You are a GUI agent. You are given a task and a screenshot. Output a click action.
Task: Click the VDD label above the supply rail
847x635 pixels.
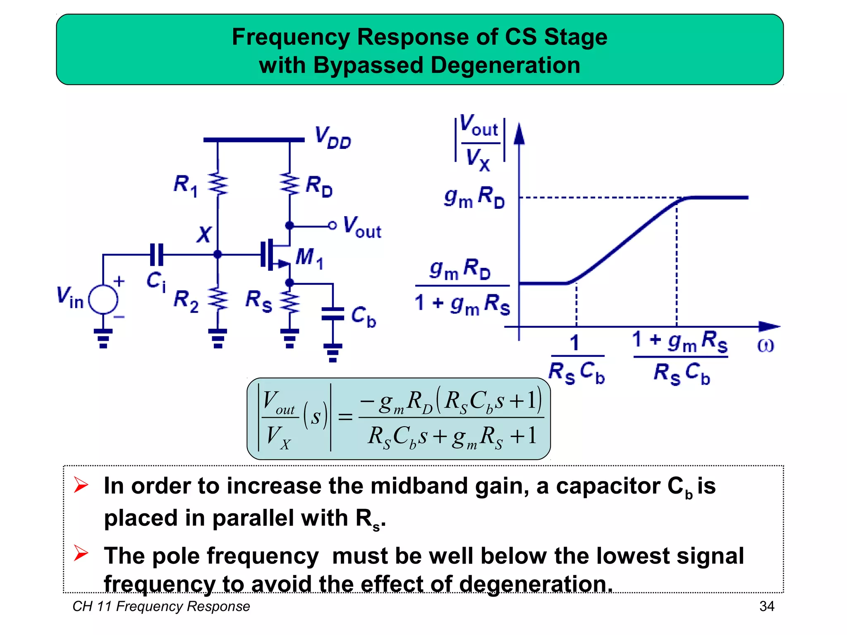(333, 138)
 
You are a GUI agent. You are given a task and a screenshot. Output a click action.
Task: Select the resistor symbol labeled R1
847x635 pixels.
(218, 184)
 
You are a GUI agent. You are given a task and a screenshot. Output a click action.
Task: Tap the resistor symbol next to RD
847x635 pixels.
(290, 184)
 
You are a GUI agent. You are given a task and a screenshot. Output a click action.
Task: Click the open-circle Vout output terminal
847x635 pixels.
(332, 226)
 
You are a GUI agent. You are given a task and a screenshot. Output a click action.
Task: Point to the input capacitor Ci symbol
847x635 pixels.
(157, 255)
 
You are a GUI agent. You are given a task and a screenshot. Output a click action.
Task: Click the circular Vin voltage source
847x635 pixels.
(103, 299)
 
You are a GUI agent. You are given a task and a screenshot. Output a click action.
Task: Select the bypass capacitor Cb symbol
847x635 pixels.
(333, 314)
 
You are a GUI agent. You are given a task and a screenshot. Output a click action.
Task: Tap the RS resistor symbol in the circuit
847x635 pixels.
(290, 301)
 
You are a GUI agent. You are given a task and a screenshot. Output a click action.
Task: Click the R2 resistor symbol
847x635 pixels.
(218, 299)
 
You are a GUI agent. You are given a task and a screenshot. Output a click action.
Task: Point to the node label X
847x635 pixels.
(204, 234)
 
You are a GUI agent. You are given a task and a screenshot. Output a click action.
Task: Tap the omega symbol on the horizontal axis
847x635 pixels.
(765, 346)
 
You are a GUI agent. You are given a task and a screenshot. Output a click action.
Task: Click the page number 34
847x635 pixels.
(767, 606)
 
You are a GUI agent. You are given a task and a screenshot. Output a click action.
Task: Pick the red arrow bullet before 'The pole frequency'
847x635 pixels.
(81, 554)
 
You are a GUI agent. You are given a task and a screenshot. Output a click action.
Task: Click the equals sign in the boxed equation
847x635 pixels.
(345, 417)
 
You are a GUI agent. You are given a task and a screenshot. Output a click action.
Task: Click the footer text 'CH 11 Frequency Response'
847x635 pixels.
(161, 606)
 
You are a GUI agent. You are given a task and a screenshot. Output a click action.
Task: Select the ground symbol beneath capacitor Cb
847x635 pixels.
(333, 353)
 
